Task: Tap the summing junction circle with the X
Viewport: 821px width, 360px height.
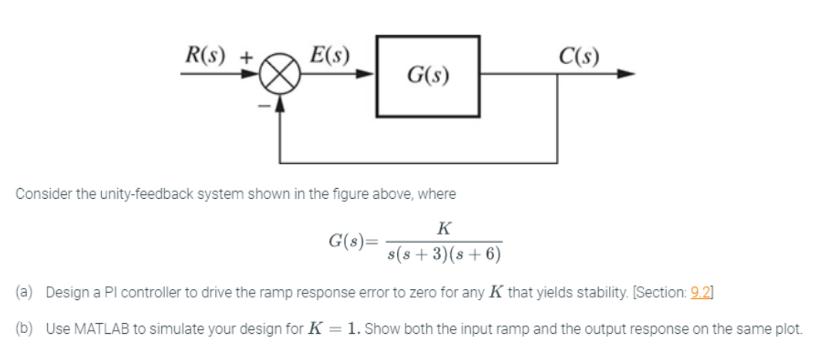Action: click(x=281, y=76)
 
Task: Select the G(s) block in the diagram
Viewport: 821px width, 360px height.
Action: click(x=428, y=75)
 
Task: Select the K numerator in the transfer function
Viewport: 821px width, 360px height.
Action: click(x=443, y=228)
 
